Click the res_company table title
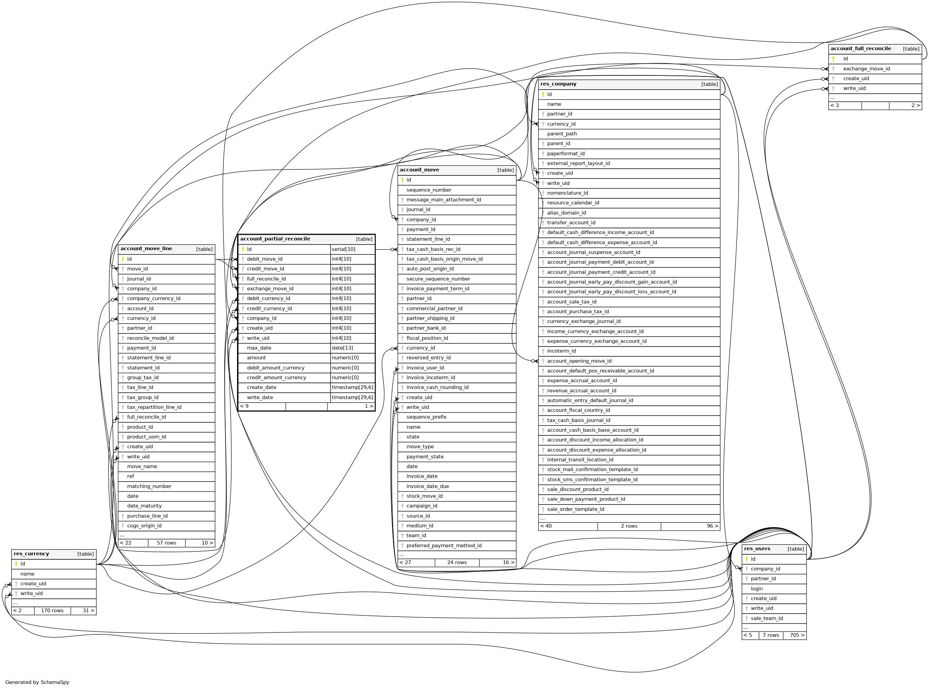[558, 84]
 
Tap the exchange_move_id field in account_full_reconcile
[866, 69]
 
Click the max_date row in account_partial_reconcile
[259, 348]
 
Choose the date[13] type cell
[342, 348]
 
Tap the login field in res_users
[756, 589]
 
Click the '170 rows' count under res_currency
[52, 611]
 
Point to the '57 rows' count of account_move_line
[166, 543]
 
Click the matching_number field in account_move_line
[149, 486]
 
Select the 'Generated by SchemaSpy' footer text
[37, 682]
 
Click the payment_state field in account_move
[425, 457]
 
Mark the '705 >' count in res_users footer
[796, 635]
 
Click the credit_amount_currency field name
[276, 378]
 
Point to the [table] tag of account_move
[505, 170]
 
